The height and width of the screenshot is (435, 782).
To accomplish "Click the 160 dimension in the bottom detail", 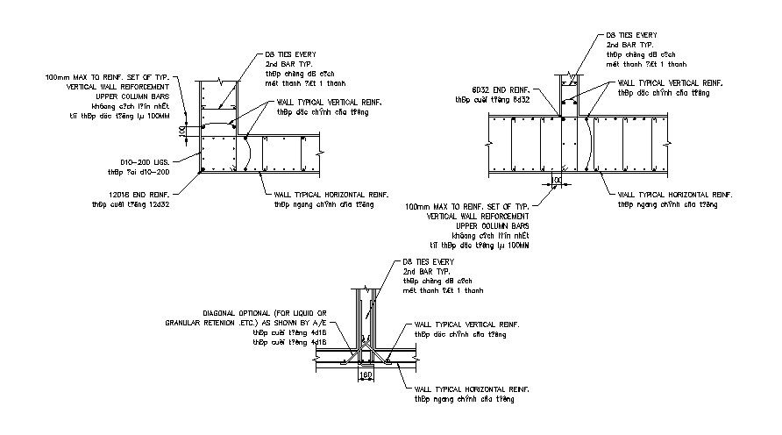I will [367, 374].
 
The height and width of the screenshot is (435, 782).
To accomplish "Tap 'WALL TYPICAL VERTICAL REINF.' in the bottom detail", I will [467, 324].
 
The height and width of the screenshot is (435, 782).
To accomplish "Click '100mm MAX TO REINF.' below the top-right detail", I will [440, 207].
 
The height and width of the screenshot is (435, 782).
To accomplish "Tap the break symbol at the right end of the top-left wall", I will [322, 152].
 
